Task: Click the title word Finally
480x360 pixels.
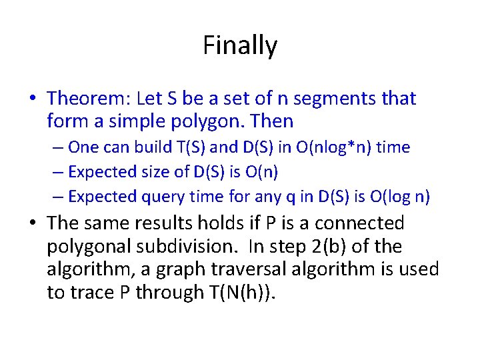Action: point(240,46)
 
